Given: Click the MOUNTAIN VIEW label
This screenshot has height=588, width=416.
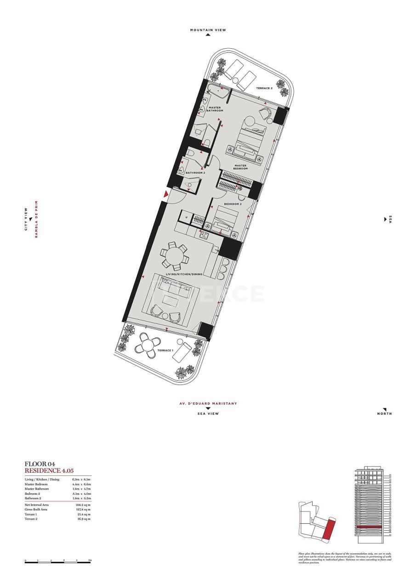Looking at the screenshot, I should tap(208, 30).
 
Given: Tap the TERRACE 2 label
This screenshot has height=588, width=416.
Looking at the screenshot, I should tap(264, 88).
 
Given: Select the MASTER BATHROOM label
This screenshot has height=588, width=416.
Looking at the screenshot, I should tap(215, 109).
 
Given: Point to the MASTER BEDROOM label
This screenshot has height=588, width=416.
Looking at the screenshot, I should tap(240, 167).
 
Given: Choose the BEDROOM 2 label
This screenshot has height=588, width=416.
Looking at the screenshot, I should tap(233, 204).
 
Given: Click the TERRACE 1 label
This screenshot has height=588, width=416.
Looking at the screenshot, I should tap(165, 351).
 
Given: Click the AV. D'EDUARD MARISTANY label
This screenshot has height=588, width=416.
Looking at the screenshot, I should tap(208, 403).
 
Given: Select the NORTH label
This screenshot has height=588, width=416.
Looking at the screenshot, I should tap(384, 413).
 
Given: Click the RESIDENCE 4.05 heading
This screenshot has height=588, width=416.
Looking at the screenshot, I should tap(49, 470).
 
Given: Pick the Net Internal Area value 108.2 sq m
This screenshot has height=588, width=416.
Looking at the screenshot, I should tap(83, 504).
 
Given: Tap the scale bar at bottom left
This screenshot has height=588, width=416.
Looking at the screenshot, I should tap(57, 562).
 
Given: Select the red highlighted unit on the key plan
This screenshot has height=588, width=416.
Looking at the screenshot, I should tap(328, 528).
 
